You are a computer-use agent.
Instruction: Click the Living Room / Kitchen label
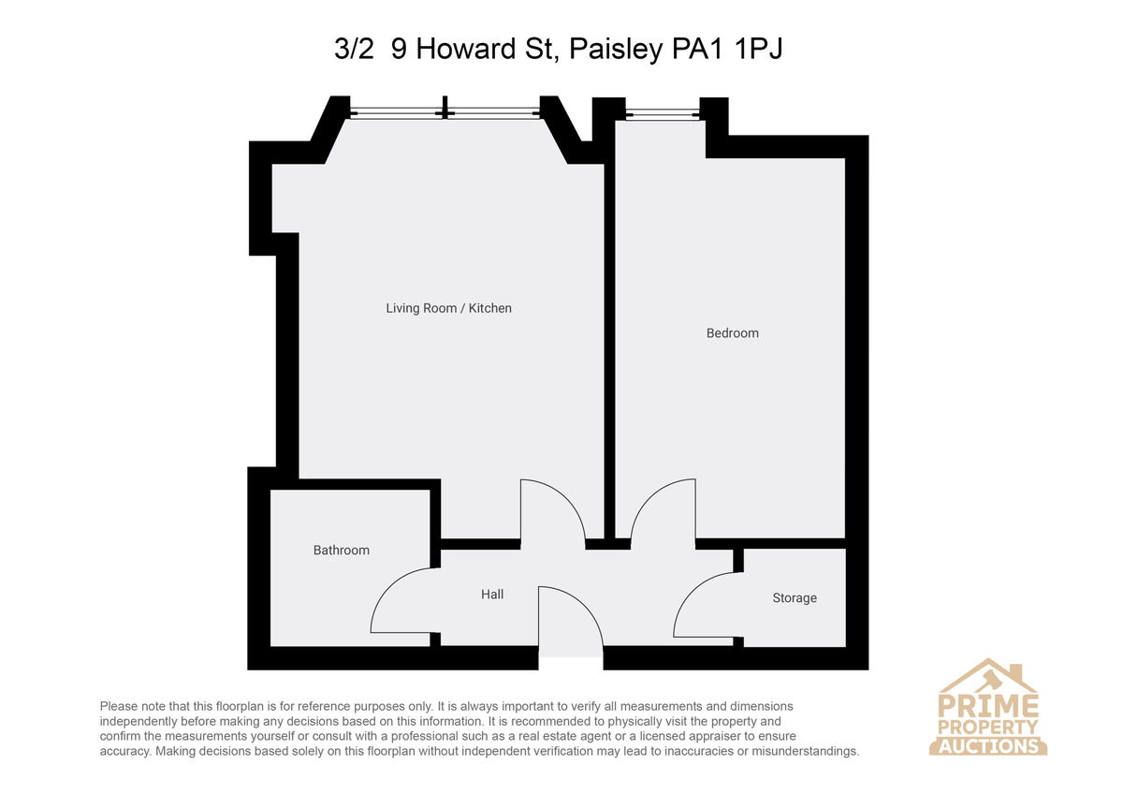pos(448,308)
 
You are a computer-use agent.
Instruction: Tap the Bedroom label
pos(733,333)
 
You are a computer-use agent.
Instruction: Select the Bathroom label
pos(342,551)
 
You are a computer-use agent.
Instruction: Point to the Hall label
pos(492,595)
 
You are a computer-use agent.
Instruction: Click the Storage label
pos(795,598)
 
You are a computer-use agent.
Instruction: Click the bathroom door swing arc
pos(388,587)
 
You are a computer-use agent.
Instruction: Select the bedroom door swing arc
pos(649,497)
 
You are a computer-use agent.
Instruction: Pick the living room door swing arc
pos(566,498)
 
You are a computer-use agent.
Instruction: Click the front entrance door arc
pos(585,605)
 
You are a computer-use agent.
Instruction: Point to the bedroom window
pos(663,114)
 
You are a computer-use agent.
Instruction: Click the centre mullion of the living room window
pos(445,108)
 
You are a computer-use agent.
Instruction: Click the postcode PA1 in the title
pos(697,49)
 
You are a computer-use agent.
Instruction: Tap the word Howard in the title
pos(466,49)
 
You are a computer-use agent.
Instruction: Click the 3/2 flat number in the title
pos(354,49)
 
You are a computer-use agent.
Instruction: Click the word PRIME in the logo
pos(988,706)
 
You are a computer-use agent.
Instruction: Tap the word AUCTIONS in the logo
pos(988,746)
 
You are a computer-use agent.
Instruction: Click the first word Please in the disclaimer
pos(119,706)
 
